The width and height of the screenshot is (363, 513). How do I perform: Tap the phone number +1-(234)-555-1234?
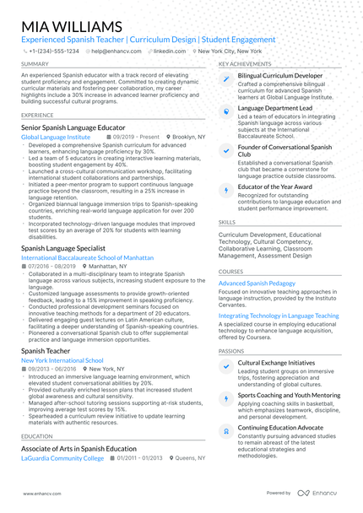[x=53, y=51]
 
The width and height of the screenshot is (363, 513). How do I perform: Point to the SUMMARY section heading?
[x=35, y=63]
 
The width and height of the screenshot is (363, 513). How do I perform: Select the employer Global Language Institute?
[x=56, y=136]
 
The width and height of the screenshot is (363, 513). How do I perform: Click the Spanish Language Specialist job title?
[x=63, y=249]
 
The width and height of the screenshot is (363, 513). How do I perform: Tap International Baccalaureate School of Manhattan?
[x=88, y=256]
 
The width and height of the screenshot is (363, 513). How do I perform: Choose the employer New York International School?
[x=62, y=359]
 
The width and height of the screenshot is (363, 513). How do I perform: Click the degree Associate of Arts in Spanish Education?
[x=79, y=448]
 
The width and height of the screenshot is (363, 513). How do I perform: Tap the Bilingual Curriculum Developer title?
[x=280, y=75]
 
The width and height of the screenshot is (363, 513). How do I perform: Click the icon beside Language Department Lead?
[x=225, y=111]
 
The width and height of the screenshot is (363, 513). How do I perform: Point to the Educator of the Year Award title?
[x=275, y=186]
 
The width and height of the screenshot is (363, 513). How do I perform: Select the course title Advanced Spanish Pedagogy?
[x=257, y=283]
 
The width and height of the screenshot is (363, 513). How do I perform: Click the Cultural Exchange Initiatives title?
[x=276, y=362]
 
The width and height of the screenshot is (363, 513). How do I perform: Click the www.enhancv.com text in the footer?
[x=41, y=493]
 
